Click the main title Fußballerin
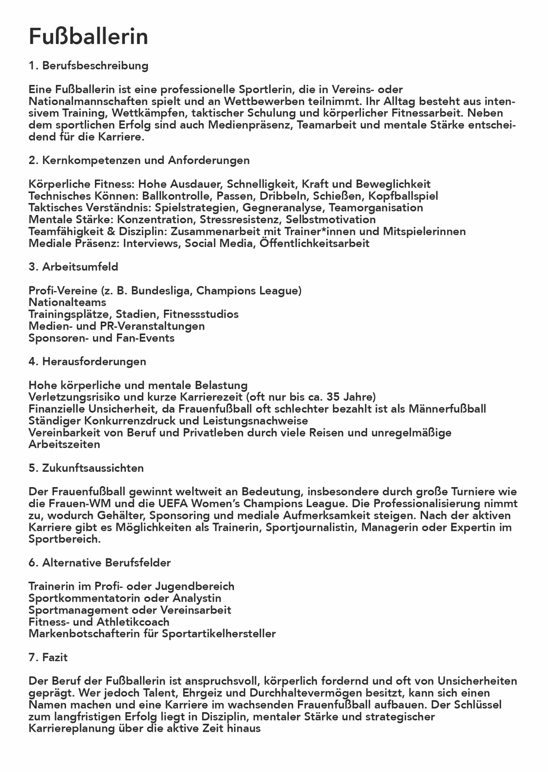[x=88, y=37]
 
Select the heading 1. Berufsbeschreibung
[x=88, y=66]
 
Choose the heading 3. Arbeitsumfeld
[x=73, y=267]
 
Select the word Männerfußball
[x=443, y=409]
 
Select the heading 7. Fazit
[x=48, y=657]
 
